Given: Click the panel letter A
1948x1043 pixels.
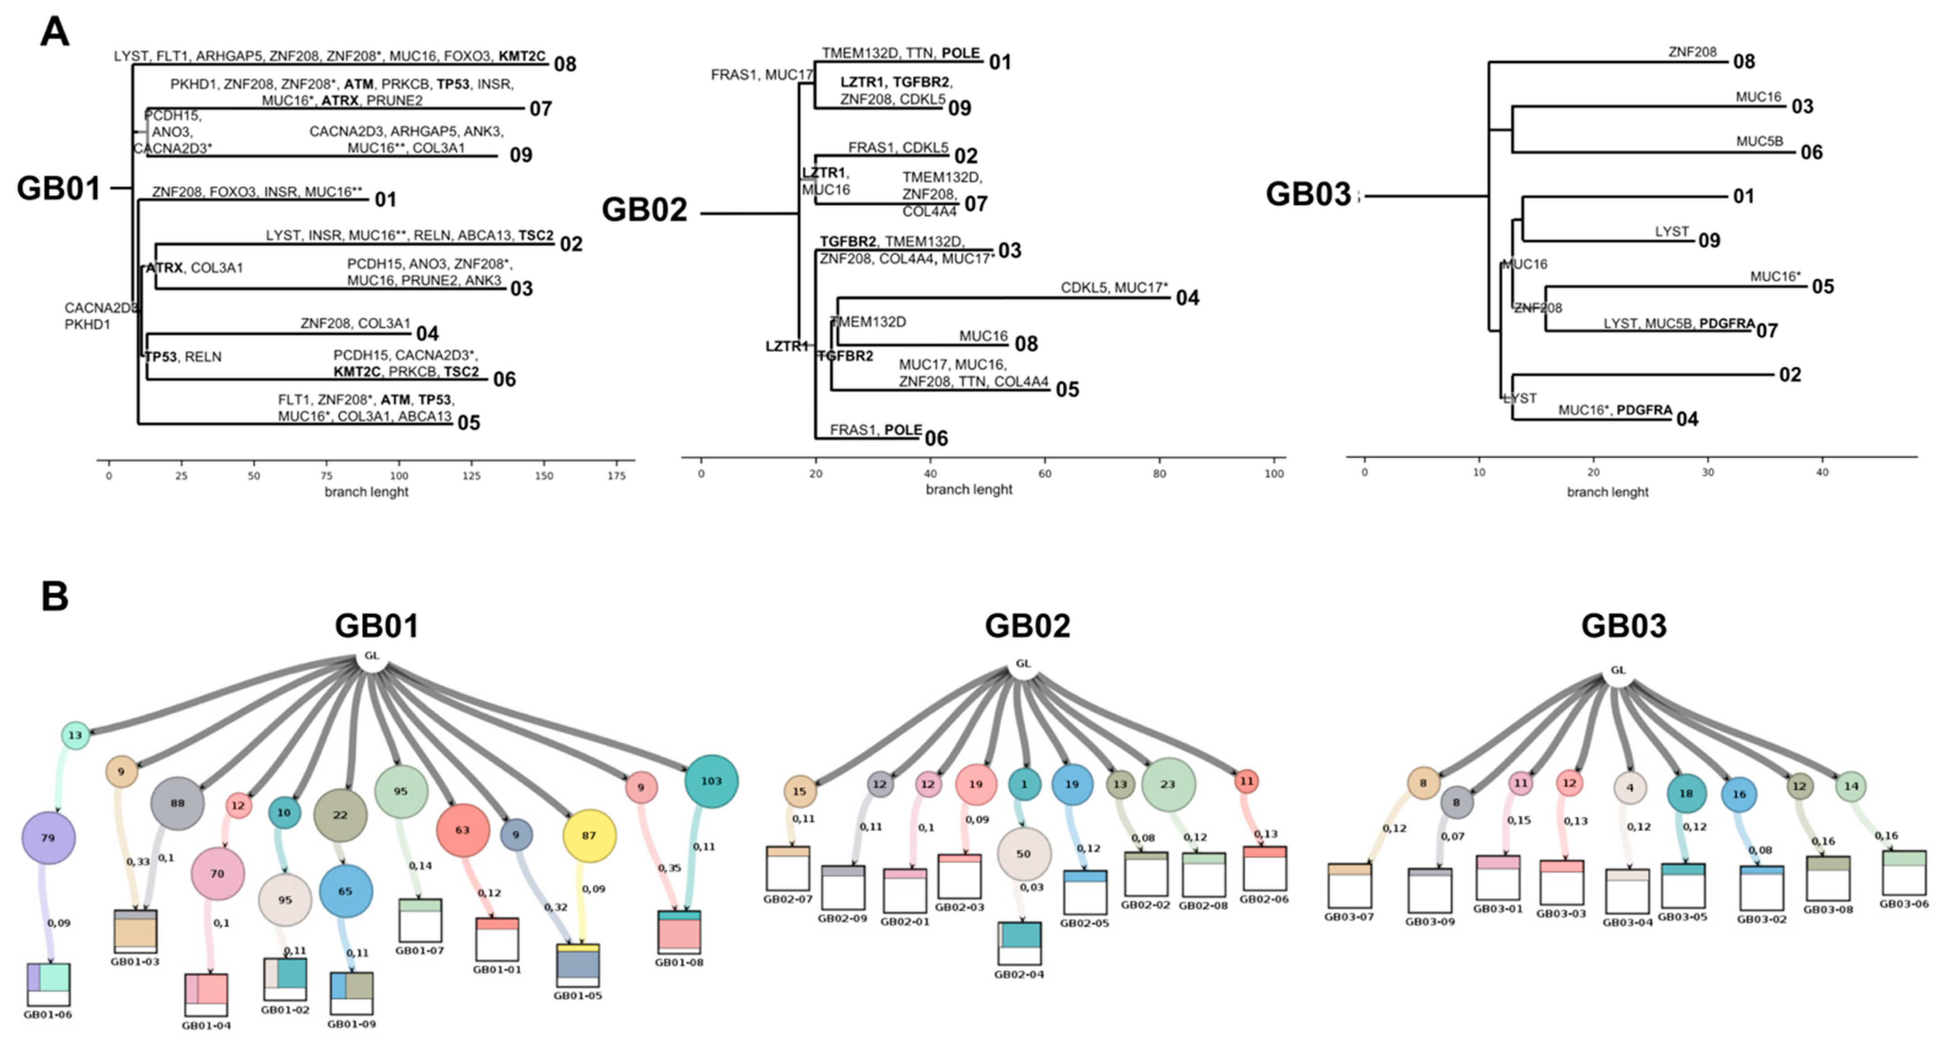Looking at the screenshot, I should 55,32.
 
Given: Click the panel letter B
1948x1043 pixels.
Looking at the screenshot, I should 55,596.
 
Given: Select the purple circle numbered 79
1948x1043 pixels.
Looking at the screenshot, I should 48,838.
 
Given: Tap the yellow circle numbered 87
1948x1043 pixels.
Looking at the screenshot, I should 589,835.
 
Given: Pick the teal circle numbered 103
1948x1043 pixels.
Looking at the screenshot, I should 711,781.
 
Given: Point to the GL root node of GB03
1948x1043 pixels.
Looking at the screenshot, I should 1617,670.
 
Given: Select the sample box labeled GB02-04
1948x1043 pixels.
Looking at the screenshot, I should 1020,943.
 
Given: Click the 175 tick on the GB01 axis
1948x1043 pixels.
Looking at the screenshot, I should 616,475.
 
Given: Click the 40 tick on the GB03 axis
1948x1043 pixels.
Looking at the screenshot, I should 1822,472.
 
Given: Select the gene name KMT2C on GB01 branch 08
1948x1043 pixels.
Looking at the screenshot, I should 522,56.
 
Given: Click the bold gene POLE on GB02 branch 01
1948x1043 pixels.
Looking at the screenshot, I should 960,53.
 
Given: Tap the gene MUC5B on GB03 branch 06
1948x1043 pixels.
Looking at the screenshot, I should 1759,141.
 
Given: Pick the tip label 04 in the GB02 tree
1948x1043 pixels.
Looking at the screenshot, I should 1187,298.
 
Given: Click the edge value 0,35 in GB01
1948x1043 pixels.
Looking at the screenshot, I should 669,867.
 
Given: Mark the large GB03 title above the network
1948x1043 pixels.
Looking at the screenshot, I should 1624,626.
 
